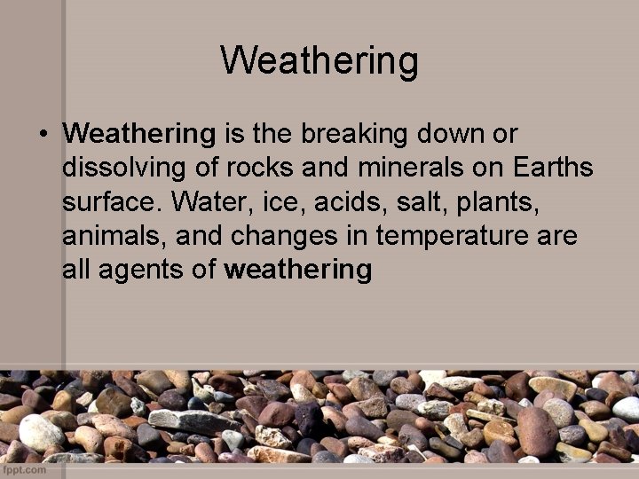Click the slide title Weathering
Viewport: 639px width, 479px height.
pyautogui.click(x=319, y=61)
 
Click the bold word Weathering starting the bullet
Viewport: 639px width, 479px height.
pyautogui.click(x=139, y=135)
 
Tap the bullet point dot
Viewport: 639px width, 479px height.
pyautogui.click(x=42, y=135)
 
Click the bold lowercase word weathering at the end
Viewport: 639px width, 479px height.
pyautogui.click(x=298, y=271)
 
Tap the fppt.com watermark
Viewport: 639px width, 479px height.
pyautogui.click(x=24, y=470)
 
